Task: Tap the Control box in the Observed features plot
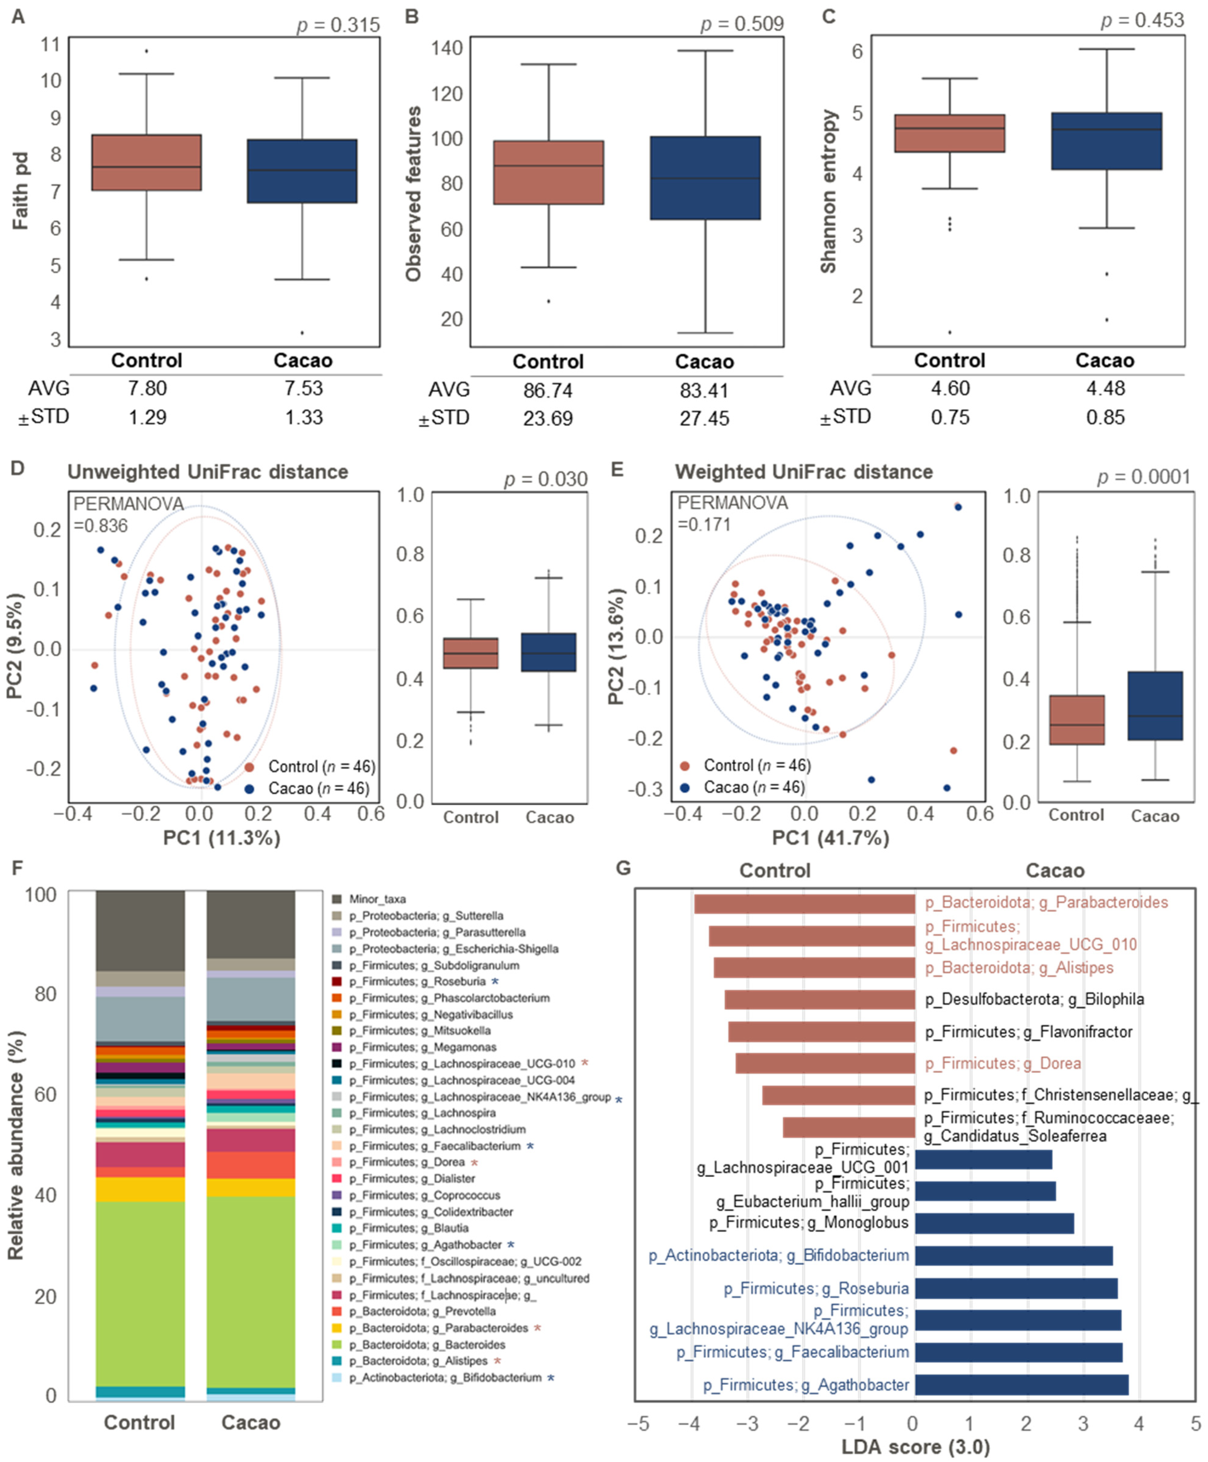[548, 173]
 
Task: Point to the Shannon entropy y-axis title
[828, 191]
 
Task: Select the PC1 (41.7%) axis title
[830, 837]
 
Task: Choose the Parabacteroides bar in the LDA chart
[804, 904]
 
